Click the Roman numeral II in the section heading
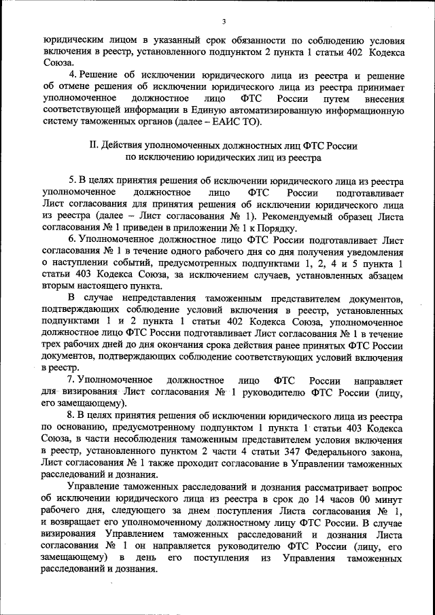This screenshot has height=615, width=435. click(94, 145)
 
